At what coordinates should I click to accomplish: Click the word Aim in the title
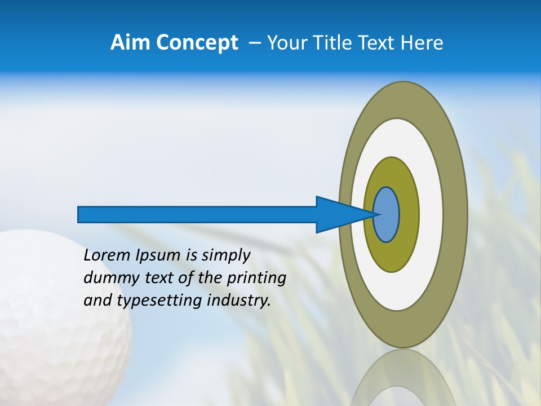[x=131, y=42]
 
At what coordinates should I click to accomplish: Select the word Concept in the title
[x=197, y=42]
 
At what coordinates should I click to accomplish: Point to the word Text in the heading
[x=379, y=42]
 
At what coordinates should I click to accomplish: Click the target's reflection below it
[x=402, y=378]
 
